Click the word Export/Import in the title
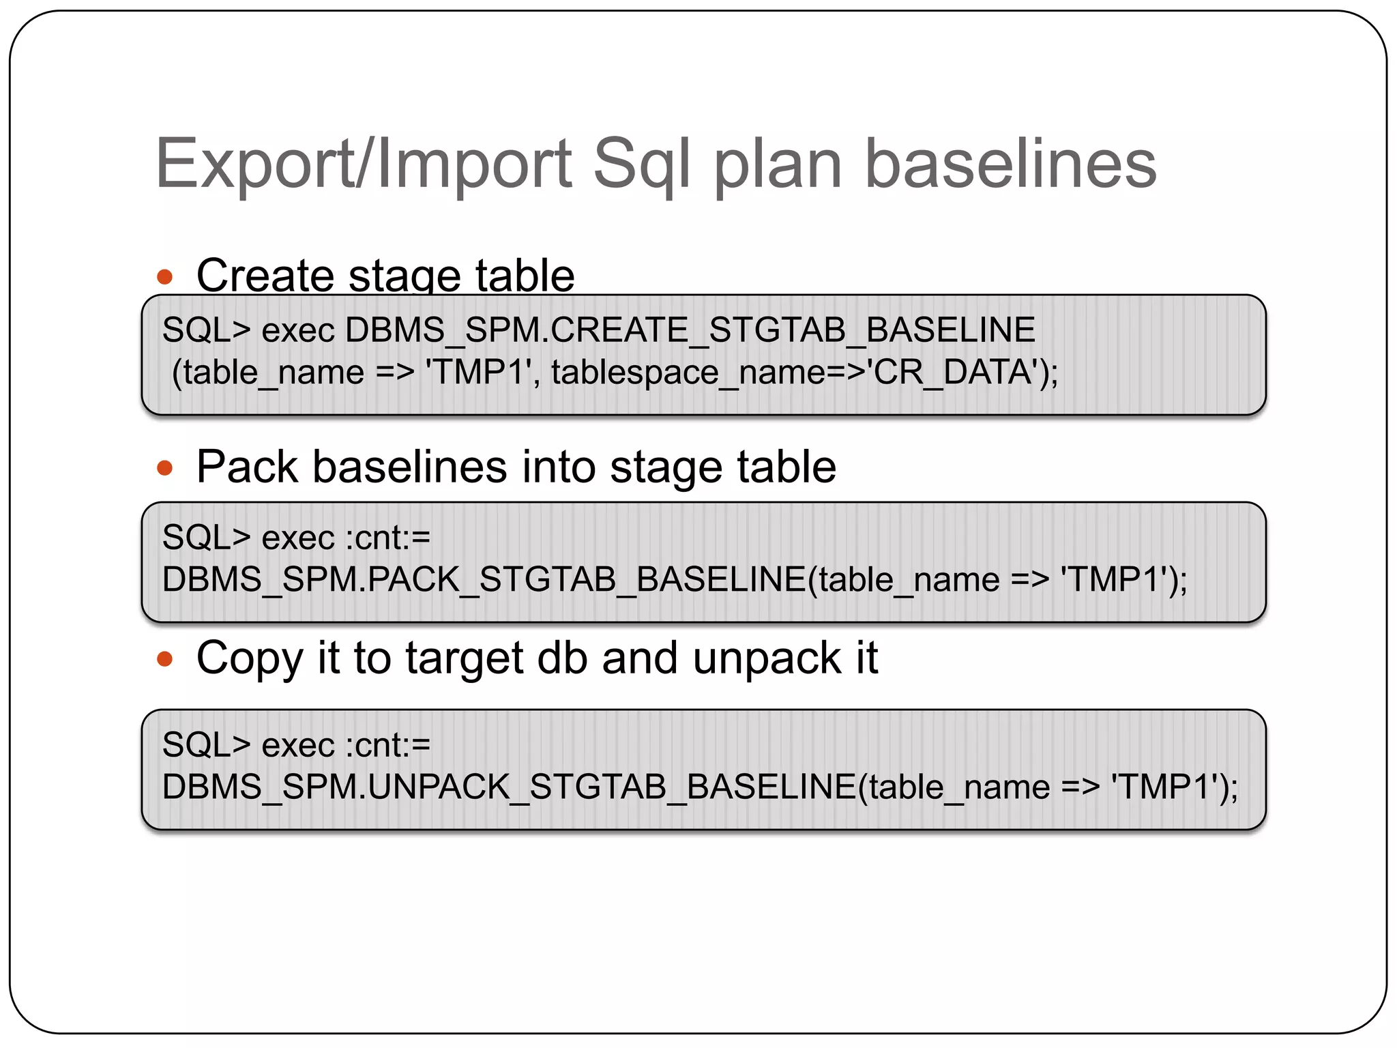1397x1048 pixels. tap(364, 164)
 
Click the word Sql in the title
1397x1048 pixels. tap(641, 164)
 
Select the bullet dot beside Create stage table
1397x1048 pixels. tap(164, 277)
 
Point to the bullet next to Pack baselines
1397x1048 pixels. tap(164, 468)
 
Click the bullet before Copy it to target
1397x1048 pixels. tap(164, 659)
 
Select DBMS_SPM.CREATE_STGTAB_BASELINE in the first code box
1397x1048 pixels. tap(690, 330)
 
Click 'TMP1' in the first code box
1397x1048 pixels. tap(478, 373)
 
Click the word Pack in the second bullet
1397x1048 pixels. tap(247, 467)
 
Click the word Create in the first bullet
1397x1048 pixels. tap(265, 276)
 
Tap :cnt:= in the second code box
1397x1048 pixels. tap(387, 538)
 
